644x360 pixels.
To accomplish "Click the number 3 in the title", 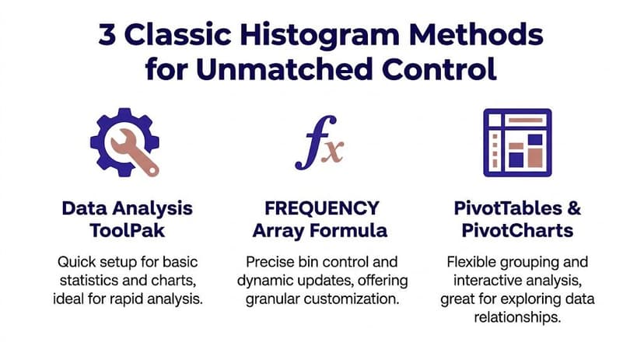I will [109, 35].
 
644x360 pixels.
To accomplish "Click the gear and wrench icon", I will [124, 143].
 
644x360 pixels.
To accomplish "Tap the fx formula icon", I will [319, 143].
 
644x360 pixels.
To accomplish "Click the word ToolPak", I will [128, 230].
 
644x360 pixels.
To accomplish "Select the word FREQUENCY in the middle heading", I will [321, 208].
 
